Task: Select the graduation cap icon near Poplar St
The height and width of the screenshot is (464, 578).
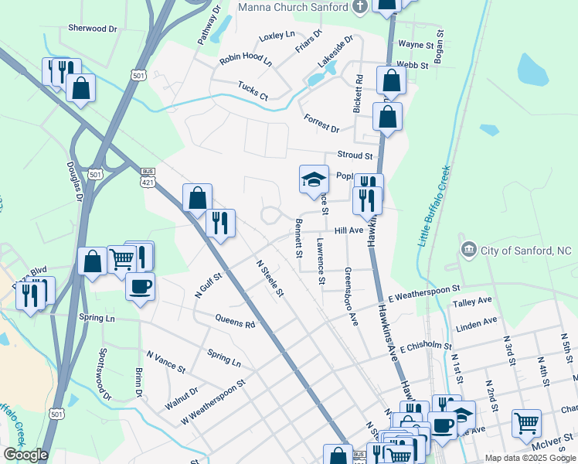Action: pos(314,179)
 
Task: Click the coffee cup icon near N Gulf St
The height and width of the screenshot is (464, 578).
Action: pos(140,287)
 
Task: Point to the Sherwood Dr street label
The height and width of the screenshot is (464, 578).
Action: pos(92,28)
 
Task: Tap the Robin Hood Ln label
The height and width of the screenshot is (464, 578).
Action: pos(246,60)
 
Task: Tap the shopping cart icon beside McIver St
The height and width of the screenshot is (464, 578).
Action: pos(526,424)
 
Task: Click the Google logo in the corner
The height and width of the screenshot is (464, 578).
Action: pos(25,455)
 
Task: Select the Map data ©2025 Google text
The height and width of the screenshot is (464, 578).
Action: pos(529,458)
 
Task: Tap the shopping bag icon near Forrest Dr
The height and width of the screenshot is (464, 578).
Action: pos(387,117)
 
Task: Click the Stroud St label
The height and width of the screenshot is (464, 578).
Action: pos(355,155)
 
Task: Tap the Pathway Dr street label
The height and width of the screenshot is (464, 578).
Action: pos(209,24)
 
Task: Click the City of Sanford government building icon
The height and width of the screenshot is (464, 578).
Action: pos(468,250)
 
